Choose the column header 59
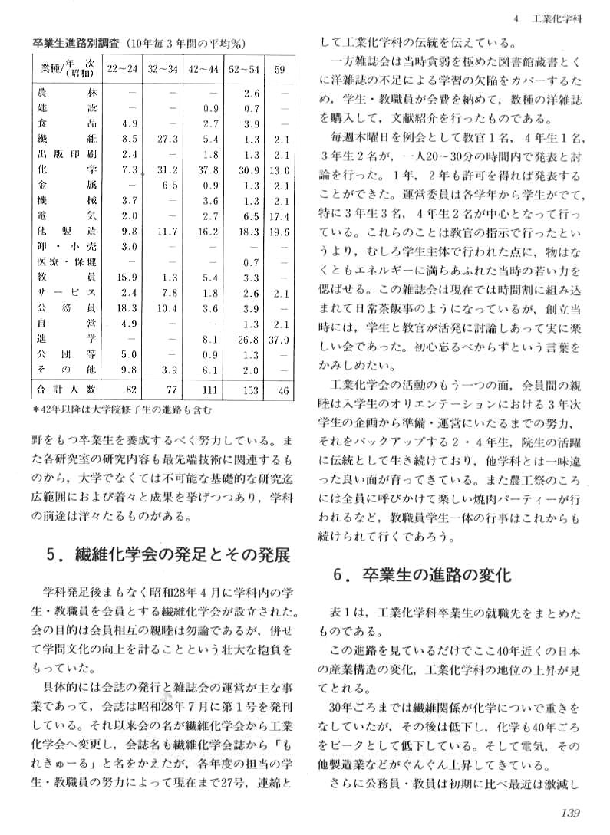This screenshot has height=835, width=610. click(280, 69)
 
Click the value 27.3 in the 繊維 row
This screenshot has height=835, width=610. click(167, 139)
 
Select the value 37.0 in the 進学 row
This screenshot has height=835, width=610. click(280, 338)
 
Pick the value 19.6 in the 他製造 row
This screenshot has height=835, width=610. click(280, 232)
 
